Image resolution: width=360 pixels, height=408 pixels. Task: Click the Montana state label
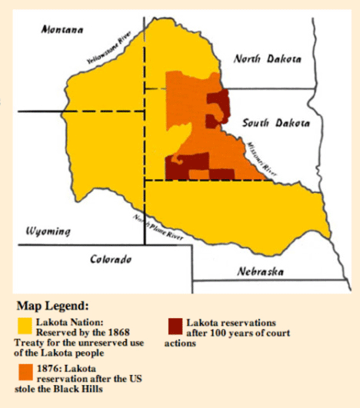pos(63,29)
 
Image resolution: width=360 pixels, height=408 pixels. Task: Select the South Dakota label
pos(276,123)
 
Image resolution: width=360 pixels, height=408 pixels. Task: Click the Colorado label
pos(111,259)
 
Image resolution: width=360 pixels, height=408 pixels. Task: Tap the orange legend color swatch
pos(24,373)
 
